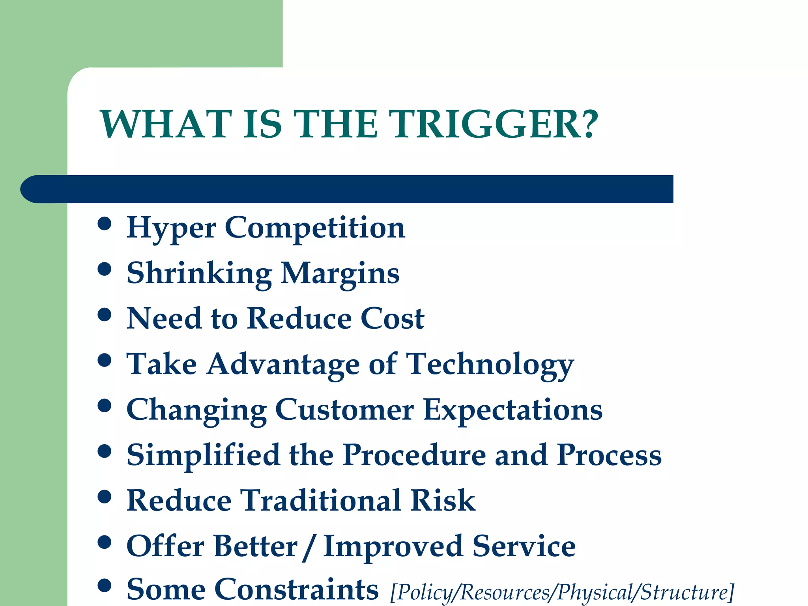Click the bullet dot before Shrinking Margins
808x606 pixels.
105,269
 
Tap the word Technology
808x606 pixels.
490,365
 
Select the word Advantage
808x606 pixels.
283,365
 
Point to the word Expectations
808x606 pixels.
512,410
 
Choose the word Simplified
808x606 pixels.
203,455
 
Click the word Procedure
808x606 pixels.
414,455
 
